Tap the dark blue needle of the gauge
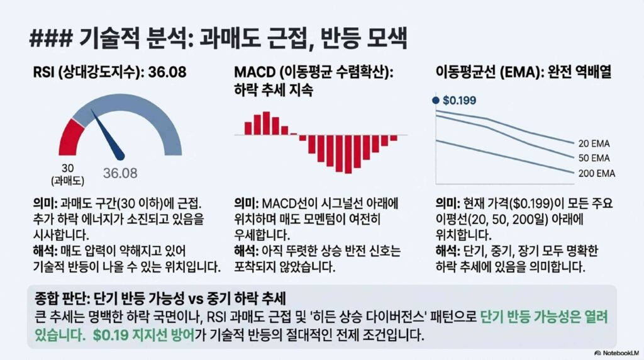[x=108, y=135]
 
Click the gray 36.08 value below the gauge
[x=120, y=173]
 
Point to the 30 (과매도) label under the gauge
[x=68, y=174]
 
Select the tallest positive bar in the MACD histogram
[x=267, y=123]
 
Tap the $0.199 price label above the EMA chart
[x=459, y=100]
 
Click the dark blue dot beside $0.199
[x=436, y=100]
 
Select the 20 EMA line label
[x=594, y=143]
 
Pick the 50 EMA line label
[x=594, y=158]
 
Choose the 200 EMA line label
[x=597, y=174]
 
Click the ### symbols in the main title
[x=50, y=40]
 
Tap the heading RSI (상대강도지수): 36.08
[x=109, y=72]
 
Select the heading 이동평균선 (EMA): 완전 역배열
[x=524, y=72]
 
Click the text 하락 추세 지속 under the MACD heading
[x=274, y=89]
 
